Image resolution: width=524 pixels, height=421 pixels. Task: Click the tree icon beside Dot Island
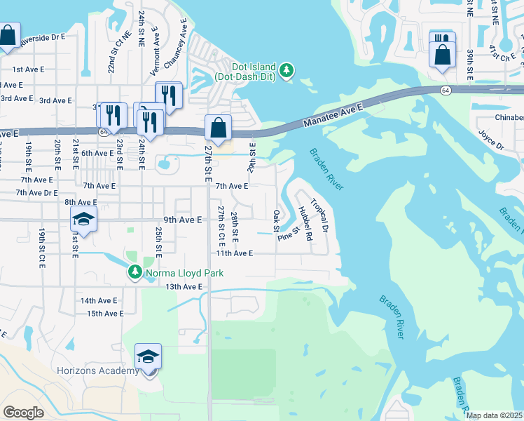tap(286, 70)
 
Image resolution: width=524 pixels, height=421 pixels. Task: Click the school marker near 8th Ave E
tap(83, 220)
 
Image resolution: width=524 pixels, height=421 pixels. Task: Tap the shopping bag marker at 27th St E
tap(219, 128)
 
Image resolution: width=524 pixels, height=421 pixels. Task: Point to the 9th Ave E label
tap(182, 220)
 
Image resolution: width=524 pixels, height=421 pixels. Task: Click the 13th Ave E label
tap(184, 286)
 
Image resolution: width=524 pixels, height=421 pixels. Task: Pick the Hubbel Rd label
tap(304, 224)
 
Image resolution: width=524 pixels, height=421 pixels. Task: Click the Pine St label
tap(289, 233)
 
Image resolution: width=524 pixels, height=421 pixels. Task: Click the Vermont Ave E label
tap(155, 52)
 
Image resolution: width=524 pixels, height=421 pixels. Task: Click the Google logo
tap(23, 412)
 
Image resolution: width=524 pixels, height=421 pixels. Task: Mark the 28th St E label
tap(235, 223)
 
